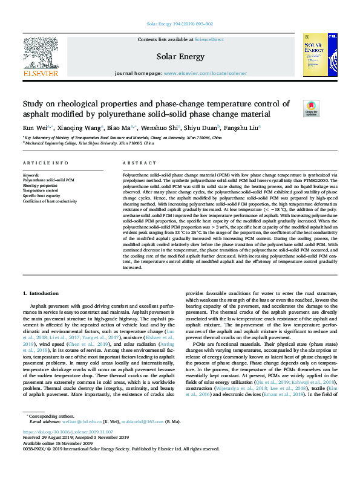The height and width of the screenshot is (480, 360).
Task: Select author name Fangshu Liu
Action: (x=242, y=128)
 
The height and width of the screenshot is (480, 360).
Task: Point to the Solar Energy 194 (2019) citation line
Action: (x=180, y=24)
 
